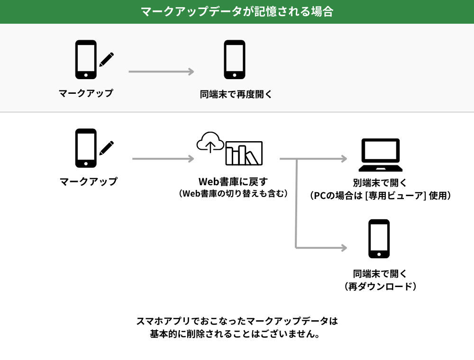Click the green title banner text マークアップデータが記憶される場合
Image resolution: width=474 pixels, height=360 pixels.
click(x=237, y=11)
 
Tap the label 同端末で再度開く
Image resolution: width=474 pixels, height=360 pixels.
click(x=236, y=94)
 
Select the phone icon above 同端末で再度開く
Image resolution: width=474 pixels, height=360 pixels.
click(x=235, y=59)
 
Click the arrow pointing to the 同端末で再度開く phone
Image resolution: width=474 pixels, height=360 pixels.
click(x=161, y=72)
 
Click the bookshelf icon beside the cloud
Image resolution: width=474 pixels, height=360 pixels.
click(x=244, y=153)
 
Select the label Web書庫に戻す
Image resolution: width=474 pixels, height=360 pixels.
click(x=233, y=182)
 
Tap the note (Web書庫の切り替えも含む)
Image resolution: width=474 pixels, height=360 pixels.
click(x=233, y=194)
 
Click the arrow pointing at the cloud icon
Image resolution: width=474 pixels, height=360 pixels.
click(x=163, y=159)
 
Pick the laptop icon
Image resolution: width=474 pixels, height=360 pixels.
click(x=381, y=155)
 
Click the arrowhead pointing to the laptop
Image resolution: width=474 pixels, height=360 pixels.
click(x=344, y=159)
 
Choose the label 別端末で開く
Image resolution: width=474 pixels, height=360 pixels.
click(x=380, y=183)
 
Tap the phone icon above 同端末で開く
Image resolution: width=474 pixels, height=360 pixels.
click(x=379, y=239)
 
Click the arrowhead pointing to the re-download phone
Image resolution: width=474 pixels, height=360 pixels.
click(x=344, y=247)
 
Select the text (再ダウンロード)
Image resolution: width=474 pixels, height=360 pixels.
click(x=380, y=287)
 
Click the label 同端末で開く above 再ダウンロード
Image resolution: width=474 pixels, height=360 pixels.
click(x=380, y=274)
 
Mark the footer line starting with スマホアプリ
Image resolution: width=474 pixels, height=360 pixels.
click(x=237, y=321)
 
